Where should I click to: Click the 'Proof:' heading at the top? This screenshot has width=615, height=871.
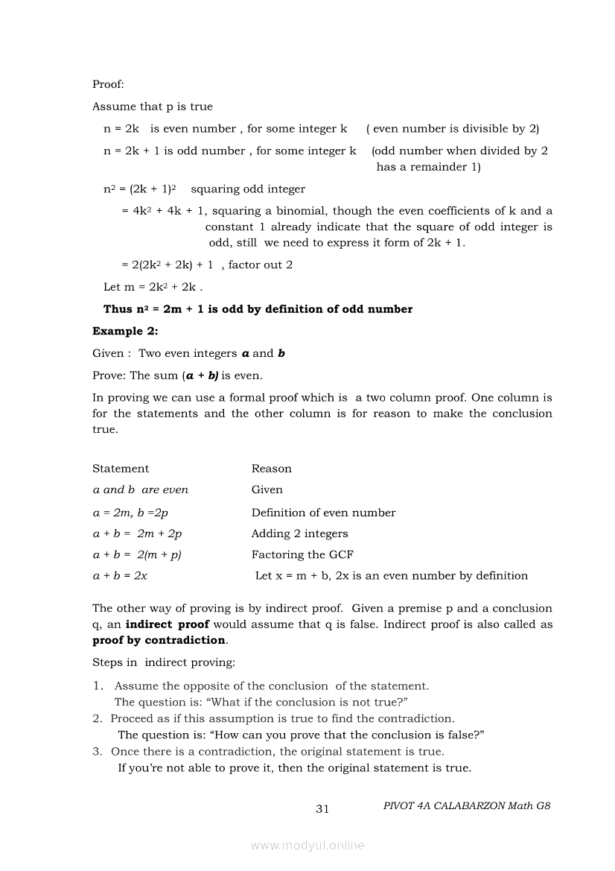[108, 85]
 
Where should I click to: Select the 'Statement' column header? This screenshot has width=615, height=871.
[121, 469]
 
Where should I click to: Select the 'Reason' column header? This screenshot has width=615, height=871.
[272, 469]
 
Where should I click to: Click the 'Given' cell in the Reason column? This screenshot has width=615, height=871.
[267, 490]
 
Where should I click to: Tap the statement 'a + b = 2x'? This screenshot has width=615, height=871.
[120, 575]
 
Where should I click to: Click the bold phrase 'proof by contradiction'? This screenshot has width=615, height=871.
[159, 640]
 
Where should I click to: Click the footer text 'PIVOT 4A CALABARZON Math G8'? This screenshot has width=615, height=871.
[467, 805]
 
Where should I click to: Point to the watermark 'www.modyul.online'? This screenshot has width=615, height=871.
[307, 845]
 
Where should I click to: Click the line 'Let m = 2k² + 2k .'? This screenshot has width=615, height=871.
[153, 287]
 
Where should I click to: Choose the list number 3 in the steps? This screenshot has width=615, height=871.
[98, 752]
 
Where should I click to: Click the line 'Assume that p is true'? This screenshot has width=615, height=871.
[153, 107]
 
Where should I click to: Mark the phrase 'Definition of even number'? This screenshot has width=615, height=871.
[324, 513]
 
